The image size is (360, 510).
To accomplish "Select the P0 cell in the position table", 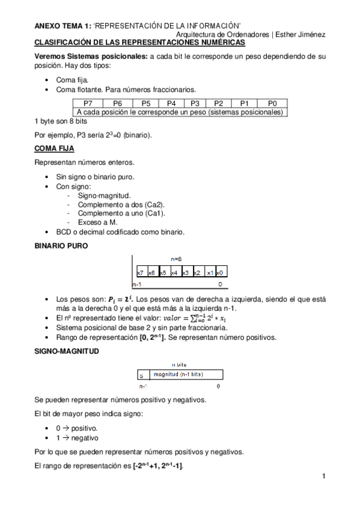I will [x=272, y=103].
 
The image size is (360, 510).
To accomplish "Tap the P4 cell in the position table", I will [x=171, y=103].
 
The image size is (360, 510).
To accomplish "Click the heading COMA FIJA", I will [x=54, y=148].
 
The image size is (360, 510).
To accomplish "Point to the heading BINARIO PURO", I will [x=61, y=246].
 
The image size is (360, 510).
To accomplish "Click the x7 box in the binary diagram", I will [x=140, y=273].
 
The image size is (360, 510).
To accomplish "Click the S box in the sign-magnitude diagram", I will [x=141, y=375].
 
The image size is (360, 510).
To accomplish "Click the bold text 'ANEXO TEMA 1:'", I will [x=63, y=26].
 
